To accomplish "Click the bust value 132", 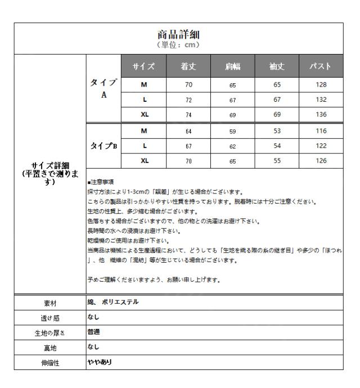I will pos(321,100).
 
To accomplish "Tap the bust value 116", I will pos(321,130).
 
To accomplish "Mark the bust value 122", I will pos(321,145).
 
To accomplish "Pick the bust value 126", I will pos(321,160).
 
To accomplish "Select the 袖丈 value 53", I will pos(276,130).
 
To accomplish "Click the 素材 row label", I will pos(49,303).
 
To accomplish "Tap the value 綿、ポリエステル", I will pos(112,302).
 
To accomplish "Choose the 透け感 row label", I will pos(49,317).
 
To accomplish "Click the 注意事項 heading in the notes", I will pos(102,182).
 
